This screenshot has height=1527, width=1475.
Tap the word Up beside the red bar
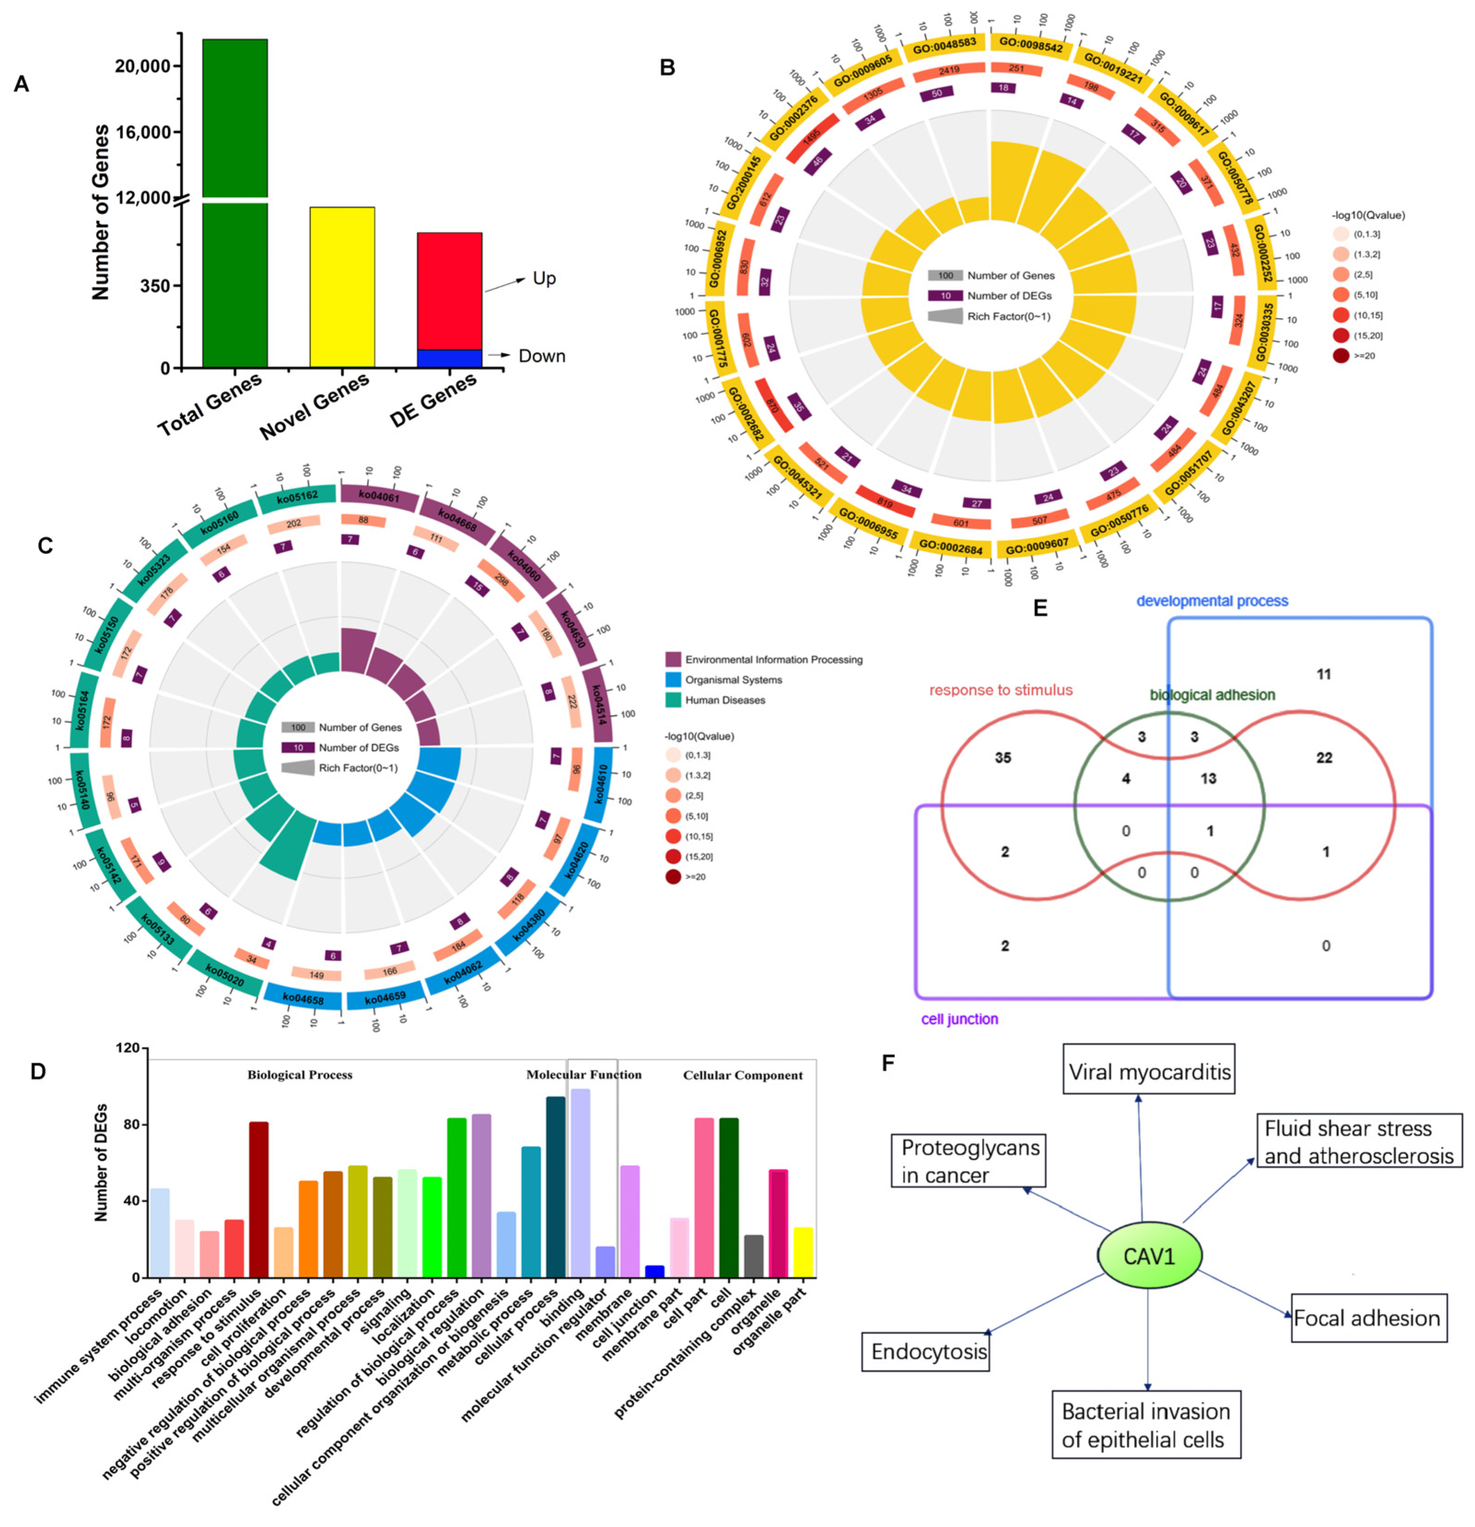544,278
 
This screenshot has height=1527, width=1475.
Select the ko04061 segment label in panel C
379,496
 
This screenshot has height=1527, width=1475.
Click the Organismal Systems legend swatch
673,679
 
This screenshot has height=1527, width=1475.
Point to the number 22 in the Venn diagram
1324,757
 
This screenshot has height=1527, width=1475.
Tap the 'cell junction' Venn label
959,1019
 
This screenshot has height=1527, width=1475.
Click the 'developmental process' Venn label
1212,600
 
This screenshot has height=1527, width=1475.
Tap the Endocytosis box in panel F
929,1352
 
